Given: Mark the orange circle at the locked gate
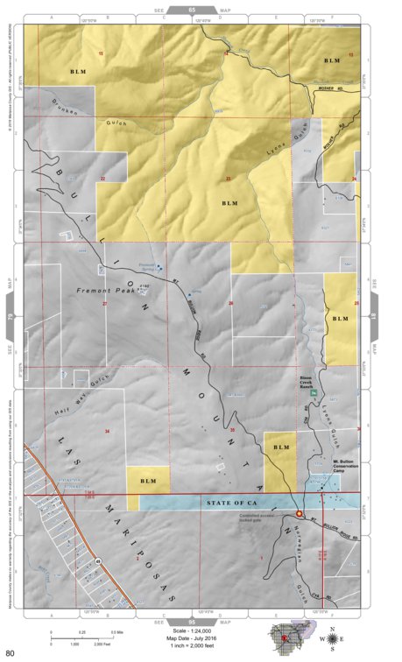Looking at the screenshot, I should click(x=300, y=514).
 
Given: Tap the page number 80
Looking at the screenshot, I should click(x=11, y=652).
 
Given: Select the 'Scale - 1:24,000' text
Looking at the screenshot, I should click(x=200, y=630).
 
